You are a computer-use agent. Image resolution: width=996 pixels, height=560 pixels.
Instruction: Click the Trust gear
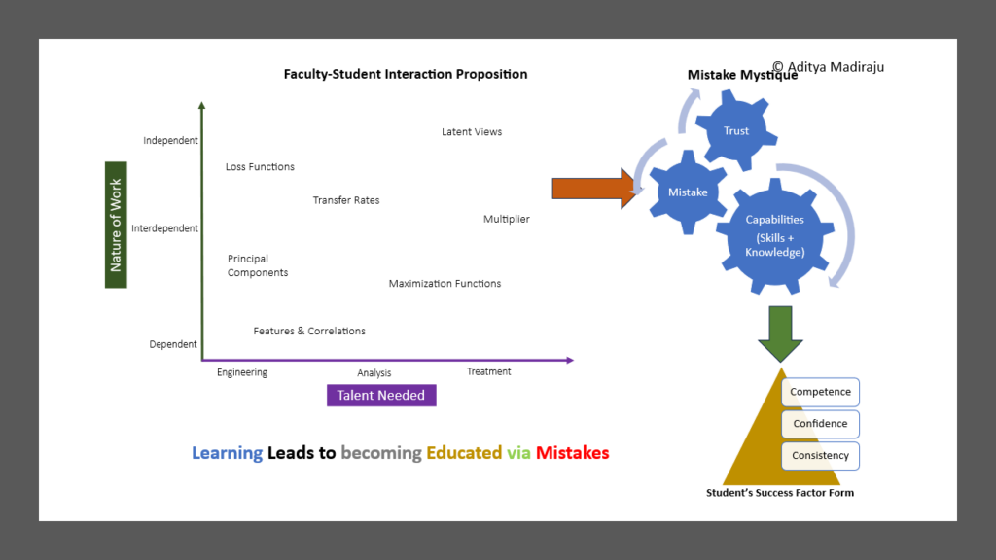tap(736, 130)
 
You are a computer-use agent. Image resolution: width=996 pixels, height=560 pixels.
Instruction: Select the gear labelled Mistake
tap(688, 192)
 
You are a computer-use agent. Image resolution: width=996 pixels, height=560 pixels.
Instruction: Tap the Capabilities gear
tap(775, 235)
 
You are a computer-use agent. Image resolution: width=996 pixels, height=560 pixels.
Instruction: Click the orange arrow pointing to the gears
tap(594, 189)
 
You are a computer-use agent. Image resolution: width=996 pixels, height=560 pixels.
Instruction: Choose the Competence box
tap(820, 392)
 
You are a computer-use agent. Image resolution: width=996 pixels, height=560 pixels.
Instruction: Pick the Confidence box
tap(820, 424)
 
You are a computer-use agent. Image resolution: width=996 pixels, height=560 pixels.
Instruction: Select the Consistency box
tap(820, 455)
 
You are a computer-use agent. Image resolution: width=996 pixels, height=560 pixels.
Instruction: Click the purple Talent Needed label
tap(381, 395)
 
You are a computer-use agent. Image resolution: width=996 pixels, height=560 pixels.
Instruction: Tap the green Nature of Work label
tap(116, 225)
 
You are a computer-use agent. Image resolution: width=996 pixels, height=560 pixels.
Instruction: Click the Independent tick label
tap(170, 140)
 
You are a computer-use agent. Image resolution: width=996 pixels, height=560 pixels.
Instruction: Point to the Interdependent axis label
tap(164, 228)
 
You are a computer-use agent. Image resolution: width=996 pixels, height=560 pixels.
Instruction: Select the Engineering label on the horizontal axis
tap(242, 372)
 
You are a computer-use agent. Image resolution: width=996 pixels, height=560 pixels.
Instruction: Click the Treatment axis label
tap(488, 371)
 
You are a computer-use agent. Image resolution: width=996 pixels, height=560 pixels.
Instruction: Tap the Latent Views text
tap(472, 132)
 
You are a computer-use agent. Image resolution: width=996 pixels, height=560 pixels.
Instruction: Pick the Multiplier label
tap(506, 219)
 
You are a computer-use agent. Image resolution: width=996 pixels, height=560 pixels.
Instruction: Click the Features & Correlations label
tap(309, 331)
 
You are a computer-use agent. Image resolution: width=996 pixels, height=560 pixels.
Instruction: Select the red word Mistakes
tap(572, 453)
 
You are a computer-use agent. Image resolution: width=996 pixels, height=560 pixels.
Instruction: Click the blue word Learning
tap(227, 453)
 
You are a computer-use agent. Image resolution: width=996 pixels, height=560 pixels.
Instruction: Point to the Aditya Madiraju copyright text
tap(829, 67)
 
